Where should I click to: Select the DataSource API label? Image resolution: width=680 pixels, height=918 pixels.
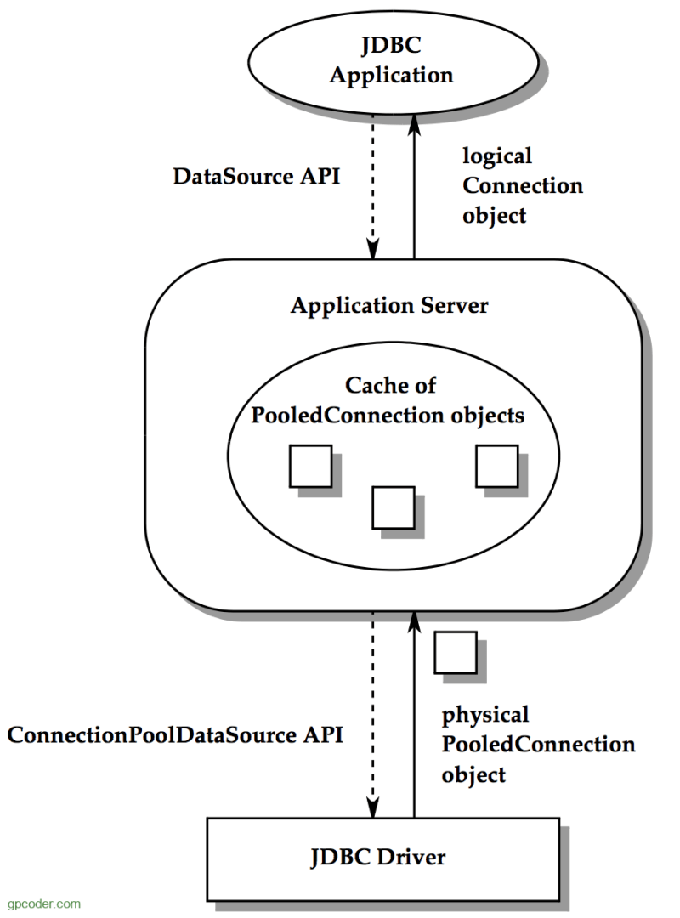pyautogui.click(x=257, y=176)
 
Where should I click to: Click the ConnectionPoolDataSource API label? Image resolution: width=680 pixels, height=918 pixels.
pyautogui.click(x=175, y=734)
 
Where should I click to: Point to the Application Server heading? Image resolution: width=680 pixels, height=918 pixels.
pyautogui.click(x=389, y=306)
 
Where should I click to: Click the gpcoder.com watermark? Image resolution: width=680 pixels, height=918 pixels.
pyautogui.click(x=44, y=904)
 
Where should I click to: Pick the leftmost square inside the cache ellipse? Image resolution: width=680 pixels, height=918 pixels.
pyautogui.click(x=311, y=466)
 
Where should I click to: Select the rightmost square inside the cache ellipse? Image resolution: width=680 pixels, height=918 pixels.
pyautogui.click(x=496, y=466)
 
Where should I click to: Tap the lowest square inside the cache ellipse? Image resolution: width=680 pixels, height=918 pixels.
pyautogui.click(x=394, y=507)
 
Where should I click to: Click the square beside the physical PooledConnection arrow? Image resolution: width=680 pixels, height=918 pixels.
pyautogui.click(x=456, y=652)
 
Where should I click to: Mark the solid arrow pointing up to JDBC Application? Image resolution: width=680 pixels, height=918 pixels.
pyautogui.click(x=415, y=186)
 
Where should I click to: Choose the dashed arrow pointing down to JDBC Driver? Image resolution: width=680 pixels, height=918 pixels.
pyautogui.click(x=373, y=715)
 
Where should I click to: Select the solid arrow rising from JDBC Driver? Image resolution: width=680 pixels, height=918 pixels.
pyautogui.click(x=415, y=715)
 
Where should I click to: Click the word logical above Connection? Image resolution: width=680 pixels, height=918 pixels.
pyautogui.click(x=497, y=156)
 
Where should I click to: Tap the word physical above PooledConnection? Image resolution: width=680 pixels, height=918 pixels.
pyautogui.click(x=485, y=715)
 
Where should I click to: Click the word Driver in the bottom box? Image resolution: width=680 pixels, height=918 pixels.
pyautogui.click(x=411, y=857)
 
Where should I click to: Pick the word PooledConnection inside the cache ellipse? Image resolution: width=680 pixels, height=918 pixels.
pyautogui.click(x=348, y=415)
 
